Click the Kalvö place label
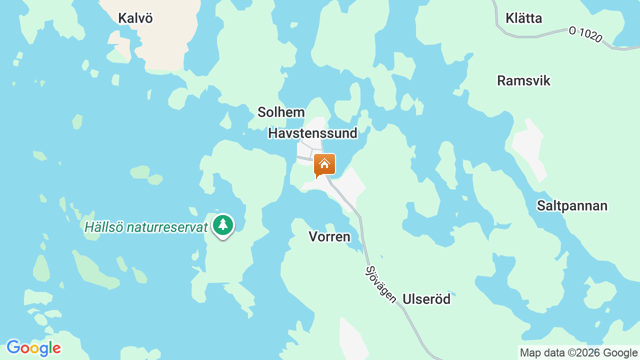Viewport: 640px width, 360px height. click(x=135, y=18)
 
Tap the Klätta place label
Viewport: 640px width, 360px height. click(x=523, y=18)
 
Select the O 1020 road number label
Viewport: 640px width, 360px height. click(x=585, y=34)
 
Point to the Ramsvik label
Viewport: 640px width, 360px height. click(x=523, y=80)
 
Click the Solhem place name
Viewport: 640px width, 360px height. click(x=281, y=112)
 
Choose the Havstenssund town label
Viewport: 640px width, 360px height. click(x=312, y=133)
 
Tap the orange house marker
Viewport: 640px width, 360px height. click(x=324, y=164)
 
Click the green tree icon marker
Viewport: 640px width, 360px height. click(x=223, y=225)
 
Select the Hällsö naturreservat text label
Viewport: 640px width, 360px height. click(x=145, y=227)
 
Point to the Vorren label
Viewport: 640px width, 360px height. click(x=329, y=236)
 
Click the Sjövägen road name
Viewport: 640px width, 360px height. click(x=380, y=284)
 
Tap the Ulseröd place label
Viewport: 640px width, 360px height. click(x=426, y=299)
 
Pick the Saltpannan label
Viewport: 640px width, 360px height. click(x=572, y=205)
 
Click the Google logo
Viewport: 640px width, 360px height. click(x=33, y=348)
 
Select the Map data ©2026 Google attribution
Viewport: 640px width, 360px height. click(x=578, y=353)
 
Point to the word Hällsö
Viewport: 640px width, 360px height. click(x=103, y=227)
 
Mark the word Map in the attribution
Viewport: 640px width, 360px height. click(x=530, y=353)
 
